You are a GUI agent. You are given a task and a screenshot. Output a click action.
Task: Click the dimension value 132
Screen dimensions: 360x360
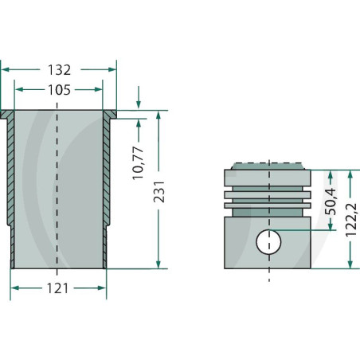click(58, 69)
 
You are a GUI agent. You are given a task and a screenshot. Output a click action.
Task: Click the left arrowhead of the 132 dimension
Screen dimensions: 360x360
click(5, 69)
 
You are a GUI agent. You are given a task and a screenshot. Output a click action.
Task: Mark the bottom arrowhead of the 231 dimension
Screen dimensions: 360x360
click(158, 264)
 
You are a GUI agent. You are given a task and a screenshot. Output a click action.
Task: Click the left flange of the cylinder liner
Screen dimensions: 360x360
click(8, 114)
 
